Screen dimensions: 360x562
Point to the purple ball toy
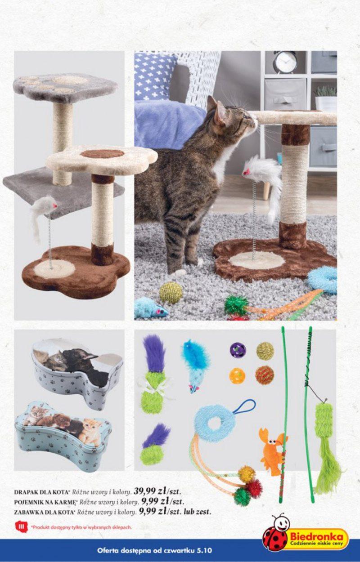click(238, 349)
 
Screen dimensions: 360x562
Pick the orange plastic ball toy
click(237, 375)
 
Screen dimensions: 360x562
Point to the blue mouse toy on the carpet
click(151, 310)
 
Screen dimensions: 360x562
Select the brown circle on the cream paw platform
click(102, 154)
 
